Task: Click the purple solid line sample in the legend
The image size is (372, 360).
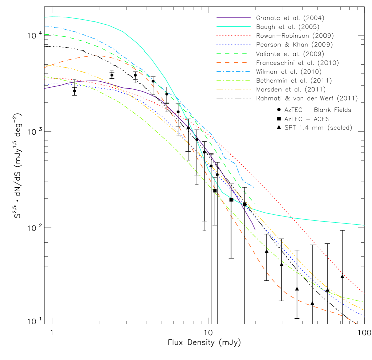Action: tap(234, 18)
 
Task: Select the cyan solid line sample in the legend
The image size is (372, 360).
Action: tap(234, 27)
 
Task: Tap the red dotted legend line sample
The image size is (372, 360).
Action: tap(234, 36)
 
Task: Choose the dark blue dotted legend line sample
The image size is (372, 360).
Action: tap(234, 45)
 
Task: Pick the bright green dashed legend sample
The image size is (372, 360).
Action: tap(234, 54)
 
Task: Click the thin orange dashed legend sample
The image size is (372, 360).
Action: tap(234, 63)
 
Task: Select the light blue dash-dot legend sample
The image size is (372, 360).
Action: tap(234, 71)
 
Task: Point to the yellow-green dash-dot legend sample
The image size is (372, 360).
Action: tap(234, 80)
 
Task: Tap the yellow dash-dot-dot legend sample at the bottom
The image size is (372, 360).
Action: tap(234, 89)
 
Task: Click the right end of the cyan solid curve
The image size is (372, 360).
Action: tap(364, 225)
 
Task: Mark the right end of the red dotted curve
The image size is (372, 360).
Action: tap(364, 293)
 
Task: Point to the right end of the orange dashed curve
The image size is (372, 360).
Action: tap(357, 323)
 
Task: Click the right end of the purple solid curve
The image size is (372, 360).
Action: tap(255, 230)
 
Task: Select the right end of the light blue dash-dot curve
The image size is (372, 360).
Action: tap(253, 186)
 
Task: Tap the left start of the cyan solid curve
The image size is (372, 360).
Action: tap(45, 17)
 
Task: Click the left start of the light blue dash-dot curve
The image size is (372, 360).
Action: tap(45, 26)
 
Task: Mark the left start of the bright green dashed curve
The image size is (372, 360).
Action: tap(45, 34)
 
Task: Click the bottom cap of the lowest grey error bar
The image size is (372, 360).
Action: tap(204, 231)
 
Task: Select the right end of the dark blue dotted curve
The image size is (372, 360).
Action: tap(364, 316)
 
